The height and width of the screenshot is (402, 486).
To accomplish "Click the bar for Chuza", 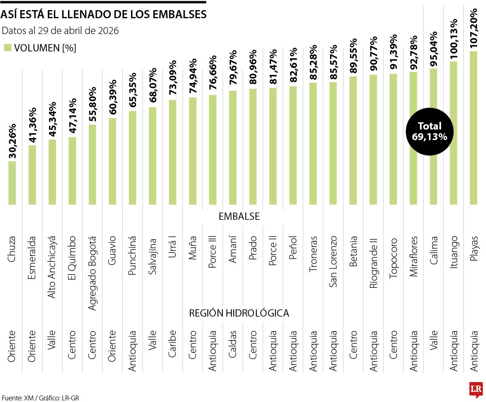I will [12, 183].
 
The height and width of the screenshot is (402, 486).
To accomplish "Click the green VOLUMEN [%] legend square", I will [7, 48].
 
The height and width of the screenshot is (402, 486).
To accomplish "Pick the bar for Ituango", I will [453, 134].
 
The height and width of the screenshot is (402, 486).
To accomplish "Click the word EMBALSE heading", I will [239, 217].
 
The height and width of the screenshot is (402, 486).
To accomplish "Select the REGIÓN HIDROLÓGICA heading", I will [239, 313].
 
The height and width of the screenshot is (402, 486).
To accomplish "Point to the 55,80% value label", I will [92, 104].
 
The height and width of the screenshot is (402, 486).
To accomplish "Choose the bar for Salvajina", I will [153, 156].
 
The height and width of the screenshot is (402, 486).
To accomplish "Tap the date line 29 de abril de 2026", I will [60, 31].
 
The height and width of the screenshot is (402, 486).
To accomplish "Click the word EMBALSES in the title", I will [180, 15].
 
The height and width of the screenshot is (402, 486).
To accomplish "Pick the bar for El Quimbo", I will [72, 171].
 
